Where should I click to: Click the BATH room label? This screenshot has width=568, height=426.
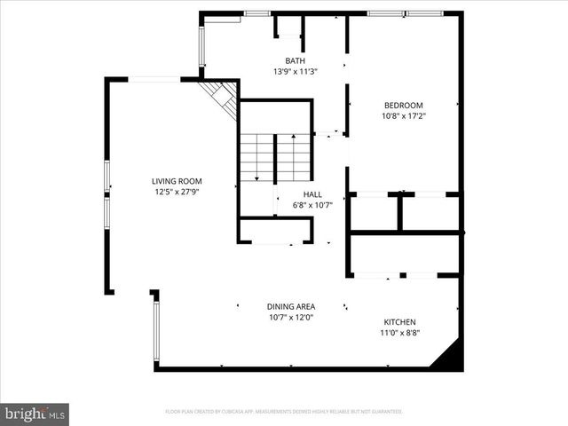295,60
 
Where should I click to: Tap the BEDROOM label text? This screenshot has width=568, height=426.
402,105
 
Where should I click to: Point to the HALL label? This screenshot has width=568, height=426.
312,194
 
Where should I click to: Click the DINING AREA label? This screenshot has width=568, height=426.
291,306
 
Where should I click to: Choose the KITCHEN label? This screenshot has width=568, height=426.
399,322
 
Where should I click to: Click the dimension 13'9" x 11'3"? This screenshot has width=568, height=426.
295,71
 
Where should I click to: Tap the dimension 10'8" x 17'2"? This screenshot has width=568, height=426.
402,115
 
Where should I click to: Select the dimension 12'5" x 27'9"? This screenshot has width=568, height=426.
175,192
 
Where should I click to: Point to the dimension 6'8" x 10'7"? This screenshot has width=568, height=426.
312,205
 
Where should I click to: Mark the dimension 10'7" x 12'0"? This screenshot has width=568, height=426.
291,317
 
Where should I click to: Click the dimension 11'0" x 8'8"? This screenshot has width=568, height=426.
399,333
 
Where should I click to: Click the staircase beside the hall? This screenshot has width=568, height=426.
275,158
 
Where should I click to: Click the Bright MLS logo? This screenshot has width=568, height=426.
35,414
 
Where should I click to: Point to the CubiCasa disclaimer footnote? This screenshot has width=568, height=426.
284,412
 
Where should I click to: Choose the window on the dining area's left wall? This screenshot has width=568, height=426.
156,330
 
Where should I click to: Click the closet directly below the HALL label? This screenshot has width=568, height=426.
275,230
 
